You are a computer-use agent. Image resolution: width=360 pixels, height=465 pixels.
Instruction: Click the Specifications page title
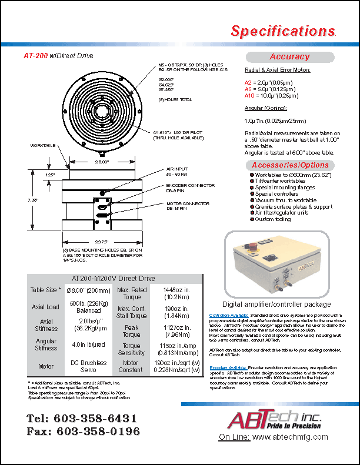pos(282,31)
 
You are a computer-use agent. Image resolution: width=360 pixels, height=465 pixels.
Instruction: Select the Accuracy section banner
pos(289,57)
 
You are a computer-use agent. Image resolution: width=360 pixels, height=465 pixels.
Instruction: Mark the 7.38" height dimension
pos(34,200)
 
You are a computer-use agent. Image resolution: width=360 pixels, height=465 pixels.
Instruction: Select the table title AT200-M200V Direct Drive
pos(113,278)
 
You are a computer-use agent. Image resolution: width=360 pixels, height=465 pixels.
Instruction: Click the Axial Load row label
pos(46,307)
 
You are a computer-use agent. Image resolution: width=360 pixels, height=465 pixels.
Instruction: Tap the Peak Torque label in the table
pos(131,330)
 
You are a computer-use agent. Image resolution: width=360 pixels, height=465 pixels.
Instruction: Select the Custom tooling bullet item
pos(273,219)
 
